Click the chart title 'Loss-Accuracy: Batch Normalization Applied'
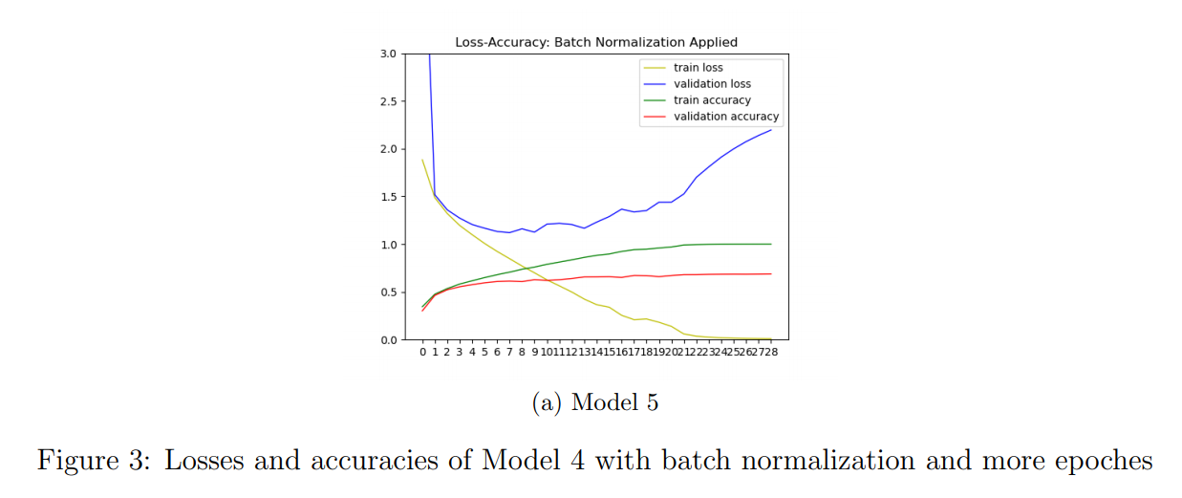click(596, 42)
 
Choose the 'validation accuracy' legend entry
click(726, 117)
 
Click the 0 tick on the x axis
click(422, 353)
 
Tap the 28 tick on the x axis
click(771, 353)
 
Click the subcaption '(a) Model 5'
click(594, 402)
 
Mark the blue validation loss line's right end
click(771, 130)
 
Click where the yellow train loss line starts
click(422, 160)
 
